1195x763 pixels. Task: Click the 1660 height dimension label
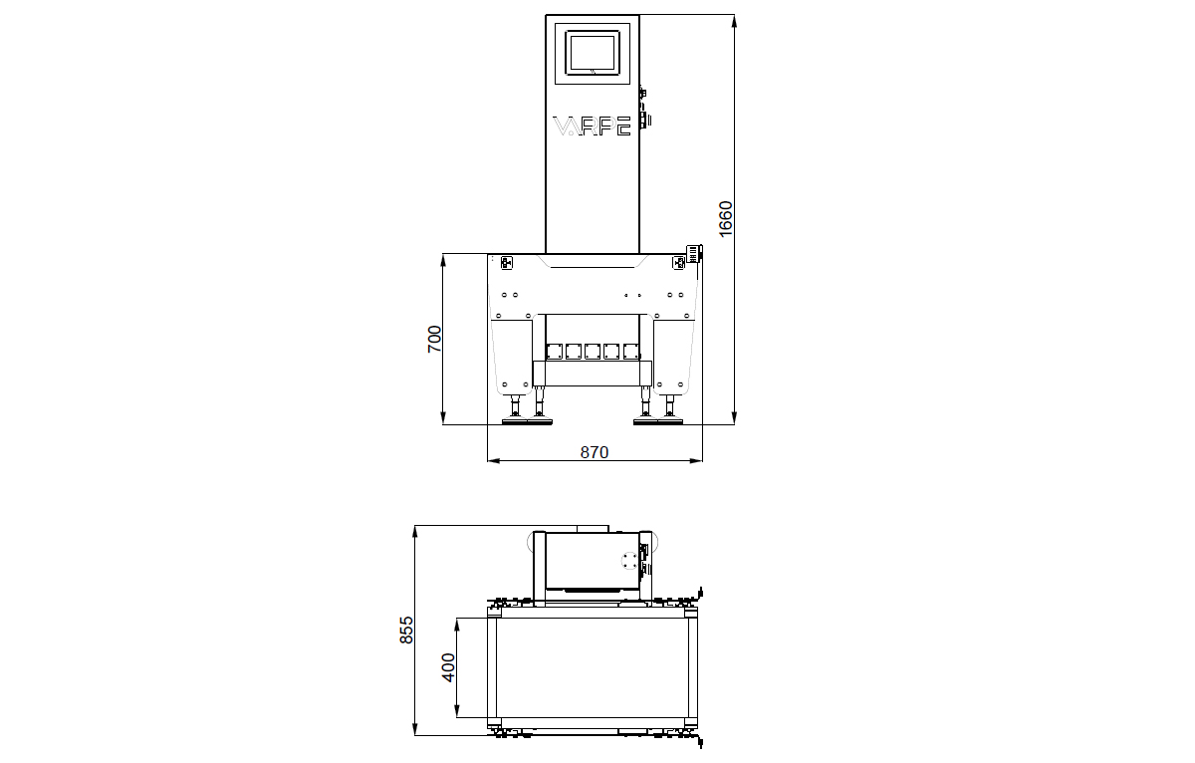coord(725,218)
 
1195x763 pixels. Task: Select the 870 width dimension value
coord(594,452)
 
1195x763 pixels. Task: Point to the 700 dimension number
coord(434,340)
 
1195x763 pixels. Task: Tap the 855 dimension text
coord(406,630)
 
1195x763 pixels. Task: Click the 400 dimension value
coord(448,667)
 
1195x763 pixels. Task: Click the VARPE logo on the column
coord(593,127)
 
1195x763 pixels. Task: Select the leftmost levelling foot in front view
coord(516,410)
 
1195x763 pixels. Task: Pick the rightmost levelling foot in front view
coord(669,410)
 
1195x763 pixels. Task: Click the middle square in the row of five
coord(594,351)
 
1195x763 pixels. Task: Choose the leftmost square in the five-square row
coord(555,351)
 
